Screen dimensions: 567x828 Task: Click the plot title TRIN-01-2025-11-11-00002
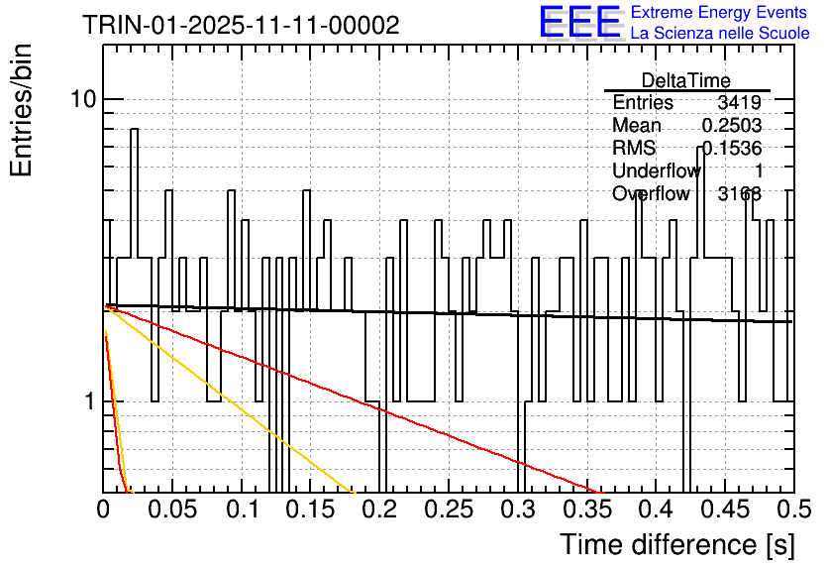(x=242, y=26)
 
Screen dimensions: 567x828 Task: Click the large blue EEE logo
(x=580, y=22)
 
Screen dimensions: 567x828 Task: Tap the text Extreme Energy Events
(x=719, y=13)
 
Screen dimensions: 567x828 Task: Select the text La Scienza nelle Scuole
(x=719, y=34)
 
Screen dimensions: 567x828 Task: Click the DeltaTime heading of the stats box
(x=686, y=80)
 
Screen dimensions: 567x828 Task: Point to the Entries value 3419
(x=739, y=103)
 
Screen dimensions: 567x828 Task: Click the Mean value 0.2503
(x=731, y=126)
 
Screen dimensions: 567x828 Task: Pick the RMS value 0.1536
(x=731, y=149)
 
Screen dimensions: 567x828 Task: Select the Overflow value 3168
(x=739, y=194)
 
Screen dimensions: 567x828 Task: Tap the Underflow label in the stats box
(x=656, y=171)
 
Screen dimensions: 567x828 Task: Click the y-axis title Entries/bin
(x=22, y=109)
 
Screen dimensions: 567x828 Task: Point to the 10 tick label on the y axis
(x=82, y=99)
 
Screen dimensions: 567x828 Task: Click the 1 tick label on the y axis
(x=89, y=402)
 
